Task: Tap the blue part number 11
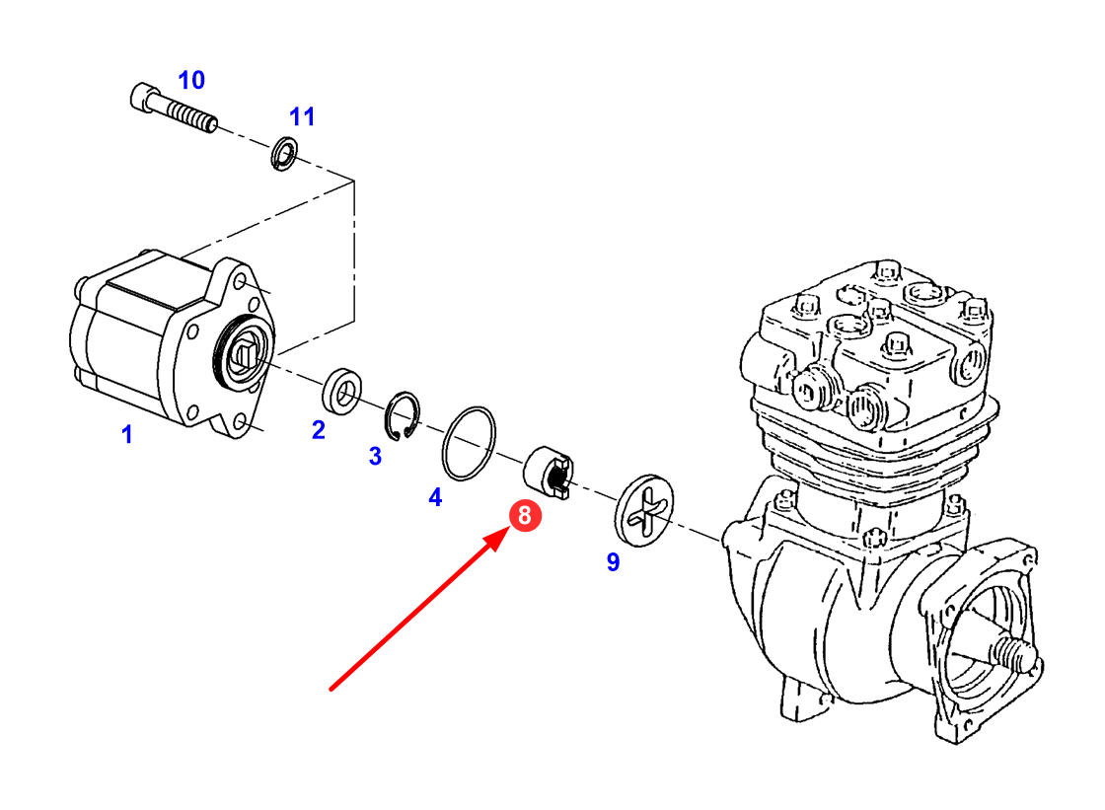pyautogui.click(x=302, y=116)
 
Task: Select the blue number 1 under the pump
pyautogui.click(x=126, y=434)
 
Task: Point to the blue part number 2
pyautogui.click(x=318, y=430)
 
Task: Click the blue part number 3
pyautogui.click(x=375, y=456)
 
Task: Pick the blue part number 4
pyautogui.click(x=435, y=497)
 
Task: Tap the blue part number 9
pyautogui.click(x=613, y=562)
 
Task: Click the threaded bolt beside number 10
pyautogui.click(x=183, y=110)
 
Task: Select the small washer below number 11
pyautogui.click(x=284, y=154)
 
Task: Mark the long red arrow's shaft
pyautogui.click(x=414, y=612)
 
